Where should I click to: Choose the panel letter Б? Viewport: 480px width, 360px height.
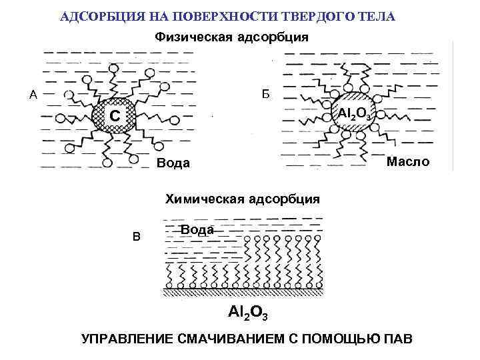pos(265,94)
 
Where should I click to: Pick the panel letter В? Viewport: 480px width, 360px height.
pos(137,235)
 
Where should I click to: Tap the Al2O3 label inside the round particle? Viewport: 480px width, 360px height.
pos(354,114)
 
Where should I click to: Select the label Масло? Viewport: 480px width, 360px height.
pos(409,162)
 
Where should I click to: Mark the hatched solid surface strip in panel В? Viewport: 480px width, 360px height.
pos(244,291)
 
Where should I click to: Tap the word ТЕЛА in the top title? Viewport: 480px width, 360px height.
pos(377,15)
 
